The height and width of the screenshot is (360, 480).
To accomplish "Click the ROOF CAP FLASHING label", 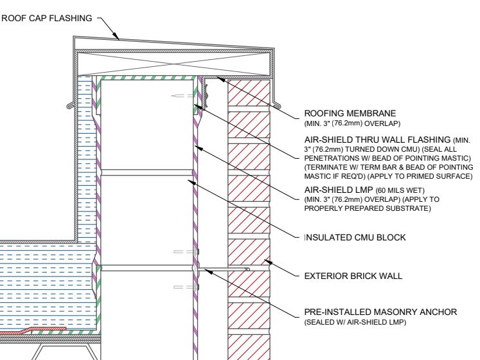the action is [46, 18].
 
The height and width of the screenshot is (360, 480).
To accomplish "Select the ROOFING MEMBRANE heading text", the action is [350, 113].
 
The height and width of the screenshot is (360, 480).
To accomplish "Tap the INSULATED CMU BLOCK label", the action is [355, 237].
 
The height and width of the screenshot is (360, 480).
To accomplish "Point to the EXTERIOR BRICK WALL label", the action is [353, 276].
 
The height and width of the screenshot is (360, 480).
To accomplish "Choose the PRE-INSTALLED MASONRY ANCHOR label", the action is [380, 312].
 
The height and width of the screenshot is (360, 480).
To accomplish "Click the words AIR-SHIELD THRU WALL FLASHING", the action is [377, 139].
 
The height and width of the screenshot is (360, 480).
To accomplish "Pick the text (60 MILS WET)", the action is [400, 190].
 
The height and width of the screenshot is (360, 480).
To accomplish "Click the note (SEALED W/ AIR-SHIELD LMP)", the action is [355, 322].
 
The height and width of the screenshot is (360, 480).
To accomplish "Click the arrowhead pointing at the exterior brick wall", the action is [268, 262].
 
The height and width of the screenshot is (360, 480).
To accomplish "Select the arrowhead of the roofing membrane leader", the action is [220, 79].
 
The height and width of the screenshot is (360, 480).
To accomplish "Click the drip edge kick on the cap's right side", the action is [277, 105].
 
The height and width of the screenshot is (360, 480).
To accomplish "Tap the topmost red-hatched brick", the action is [249, 93].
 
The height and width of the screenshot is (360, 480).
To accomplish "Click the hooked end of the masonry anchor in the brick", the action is [247, 269].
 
